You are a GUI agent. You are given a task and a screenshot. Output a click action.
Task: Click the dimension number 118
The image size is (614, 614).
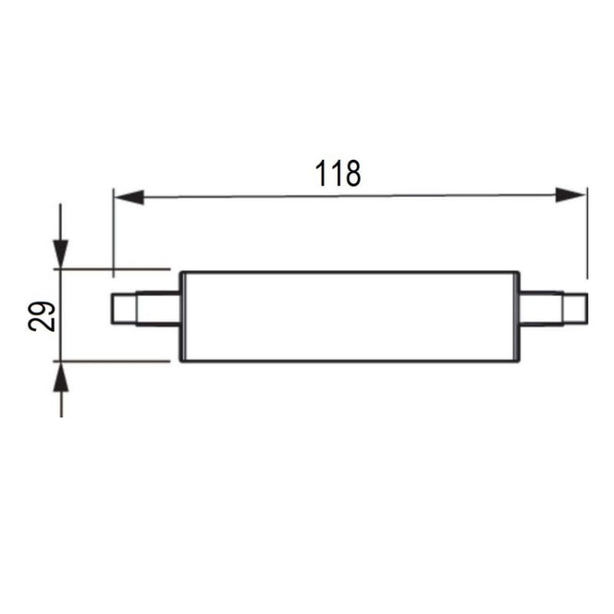[338, 174]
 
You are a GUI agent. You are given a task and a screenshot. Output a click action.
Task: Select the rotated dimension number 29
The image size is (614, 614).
[43, 315]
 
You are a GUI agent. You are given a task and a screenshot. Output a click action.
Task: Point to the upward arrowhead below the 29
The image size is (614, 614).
[61, 377]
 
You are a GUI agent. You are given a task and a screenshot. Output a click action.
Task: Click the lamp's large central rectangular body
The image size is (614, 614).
[350, 315]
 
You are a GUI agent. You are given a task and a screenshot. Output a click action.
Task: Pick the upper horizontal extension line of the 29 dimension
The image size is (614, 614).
[115, 269]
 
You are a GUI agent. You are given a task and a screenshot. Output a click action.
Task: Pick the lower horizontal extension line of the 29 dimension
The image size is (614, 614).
[115, 359]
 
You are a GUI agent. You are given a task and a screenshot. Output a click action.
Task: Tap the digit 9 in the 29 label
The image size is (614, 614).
[43, 306]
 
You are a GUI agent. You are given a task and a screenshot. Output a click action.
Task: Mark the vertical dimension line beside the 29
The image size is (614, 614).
[61, 315]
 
